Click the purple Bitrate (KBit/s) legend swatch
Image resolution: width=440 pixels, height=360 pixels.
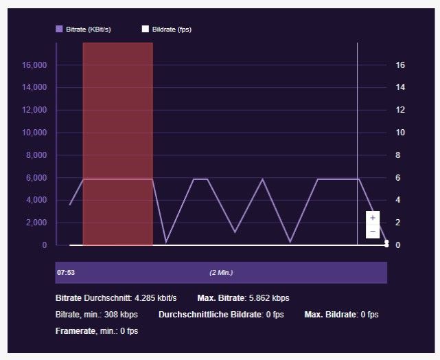click(59, 29)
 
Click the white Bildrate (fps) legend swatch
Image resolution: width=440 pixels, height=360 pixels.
click(145, 29)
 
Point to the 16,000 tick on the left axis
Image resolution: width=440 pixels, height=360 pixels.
click(34, 65)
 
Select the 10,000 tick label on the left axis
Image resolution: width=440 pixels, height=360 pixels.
click(34, 133)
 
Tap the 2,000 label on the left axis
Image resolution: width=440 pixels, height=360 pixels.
click(36, 223)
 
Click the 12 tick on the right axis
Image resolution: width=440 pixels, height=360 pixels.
click(400, 110)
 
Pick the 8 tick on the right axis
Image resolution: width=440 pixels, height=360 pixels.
click(398, 155)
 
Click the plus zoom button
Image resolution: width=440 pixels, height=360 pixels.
click(373, 217)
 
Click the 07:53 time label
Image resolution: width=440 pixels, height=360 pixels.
click(66, 273)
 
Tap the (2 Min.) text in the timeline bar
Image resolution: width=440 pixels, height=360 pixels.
click(221, 273)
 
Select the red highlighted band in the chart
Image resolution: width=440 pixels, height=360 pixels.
click(117, 144)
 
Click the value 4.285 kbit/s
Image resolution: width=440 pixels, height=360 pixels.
click(155, 298)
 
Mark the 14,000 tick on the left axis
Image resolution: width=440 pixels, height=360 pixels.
click(34, 88)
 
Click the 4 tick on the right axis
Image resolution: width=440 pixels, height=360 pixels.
click(398, 200)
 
